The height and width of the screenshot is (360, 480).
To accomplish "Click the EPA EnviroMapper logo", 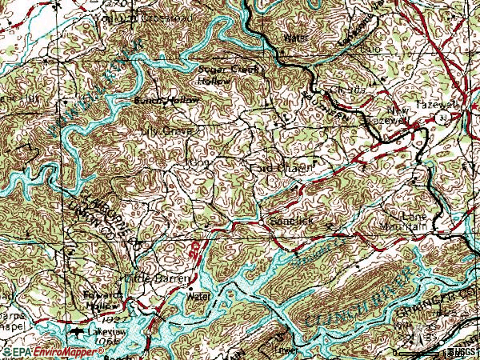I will coord(44,352).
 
